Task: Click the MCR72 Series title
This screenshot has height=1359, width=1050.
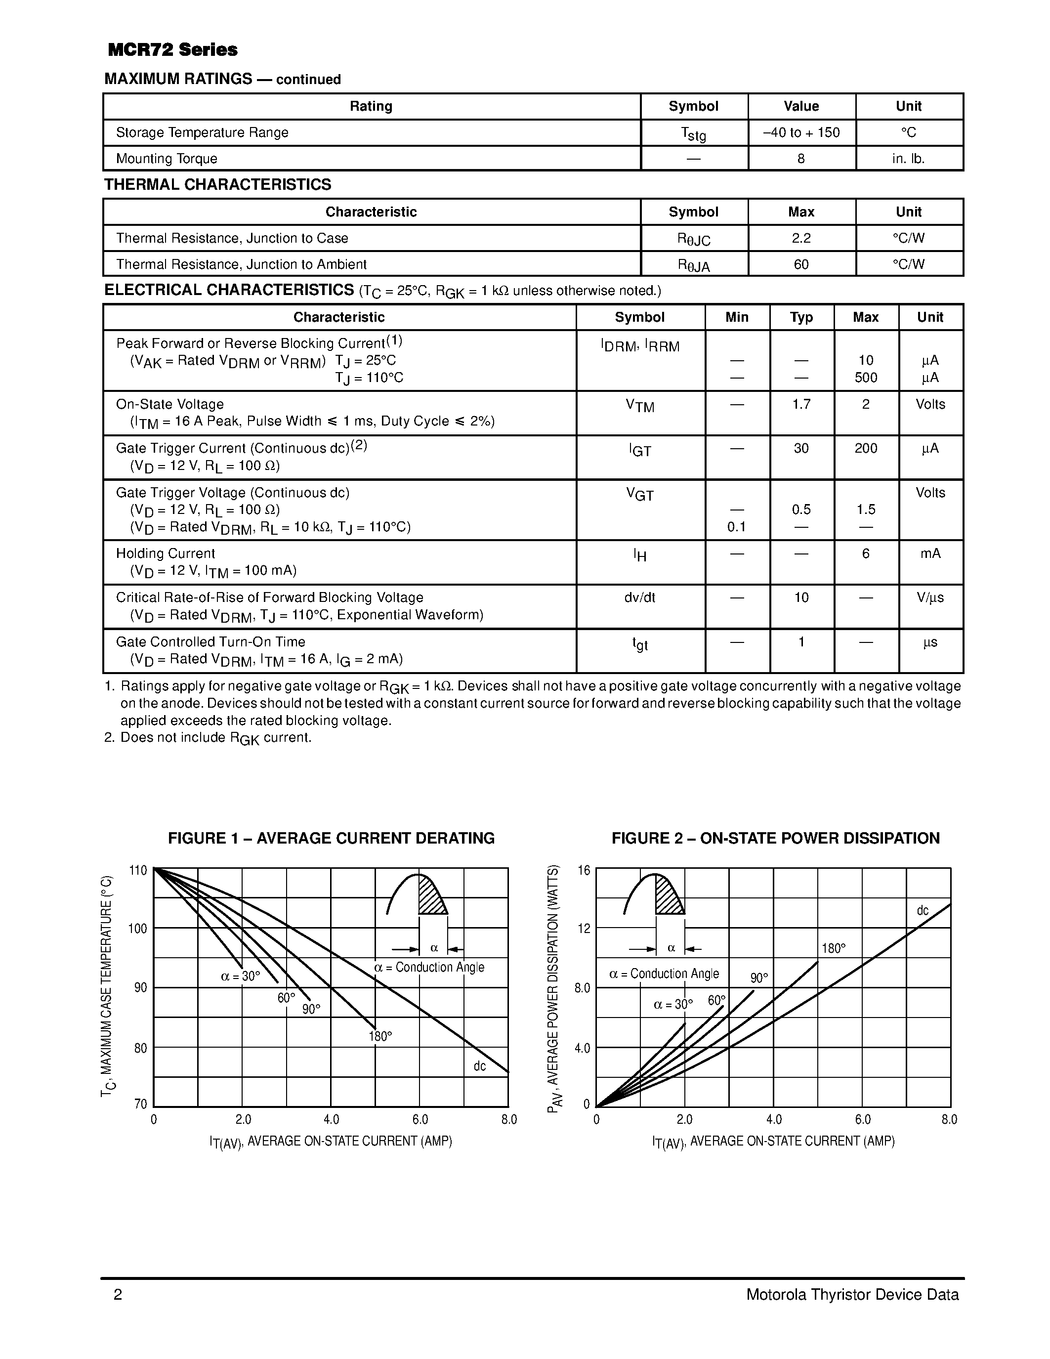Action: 172,50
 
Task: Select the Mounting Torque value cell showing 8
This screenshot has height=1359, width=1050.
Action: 800,159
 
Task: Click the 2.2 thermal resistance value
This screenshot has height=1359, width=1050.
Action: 800,238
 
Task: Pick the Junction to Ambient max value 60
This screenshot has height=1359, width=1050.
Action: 800,264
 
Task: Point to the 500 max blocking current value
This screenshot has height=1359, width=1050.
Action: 865,378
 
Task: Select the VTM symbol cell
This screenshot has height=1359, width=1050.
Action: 639,406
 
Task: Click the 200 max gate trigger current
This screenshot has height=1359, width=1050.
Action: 865,448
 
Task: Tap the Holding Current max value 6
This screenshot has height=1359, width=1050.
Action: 865,553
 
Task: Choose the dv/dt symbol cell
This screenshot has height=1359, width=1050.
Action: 639,597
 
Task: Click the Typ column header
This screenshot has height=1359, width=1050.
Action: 800,317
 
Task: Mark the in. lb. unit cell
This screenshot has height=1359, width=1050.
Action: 908,159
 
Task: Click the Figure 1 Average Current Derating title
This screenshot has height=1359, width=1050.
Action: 331,838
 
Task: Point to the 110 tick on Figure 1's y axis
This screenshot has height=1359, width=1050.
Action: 138,870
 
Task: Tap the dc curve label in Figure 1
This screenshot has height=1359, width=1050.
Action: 479,1066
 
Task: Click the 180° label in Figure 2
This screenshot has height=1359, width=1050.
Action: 834,948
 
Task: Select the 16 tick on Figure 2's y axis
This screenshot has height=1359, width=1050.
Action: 584,870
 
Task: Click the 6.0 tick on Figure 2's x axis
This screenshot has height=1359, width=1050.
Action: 862,1119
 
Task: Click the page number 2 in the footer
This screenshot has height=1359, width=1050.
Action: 118,1295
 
